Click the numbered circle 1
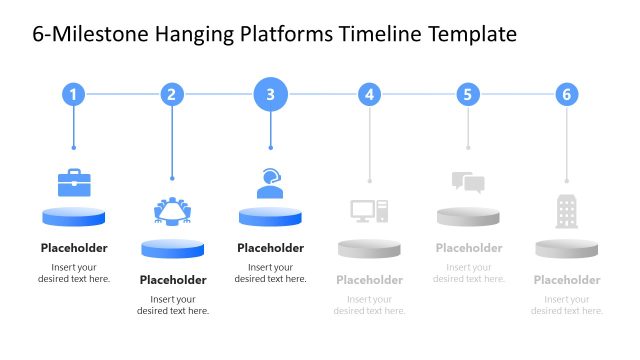click(x=73, y=95)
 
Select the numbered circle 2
click(x=172, y=95)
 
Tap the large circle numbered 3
click(x=270, y=95)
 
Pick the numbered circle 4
click(x=370, y=95)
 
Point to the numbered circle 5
click(x=468, y=95)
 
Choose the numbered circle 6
click(x=567, y=95)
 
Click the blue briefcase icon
click(x=74, y=182)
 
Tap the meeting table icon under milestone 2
click(x=173, y=211)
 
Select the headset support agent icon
click(x=270, y=183)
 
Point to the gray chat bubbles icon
click(x=468, y=182)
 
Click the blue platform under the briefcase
click(x=74, y=216)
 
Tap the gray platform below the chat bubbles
click(x=468, y=216)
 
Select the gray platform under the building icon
click(x=567, y=248)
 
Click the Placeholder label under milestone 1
click(x=74, y=248)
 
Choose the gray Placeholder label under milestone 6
click(x=567, y=280)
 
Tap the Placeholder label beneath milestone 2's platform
click(x=173, y=280)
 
